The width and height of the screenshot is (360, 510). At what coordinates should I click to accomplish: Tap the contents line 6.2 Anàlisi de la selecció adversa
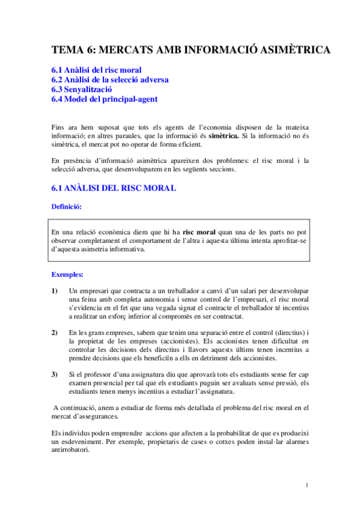click(110, 80)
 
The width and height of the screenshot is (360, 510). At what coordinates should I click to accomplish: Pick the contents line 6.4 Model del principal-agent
click(105, 99)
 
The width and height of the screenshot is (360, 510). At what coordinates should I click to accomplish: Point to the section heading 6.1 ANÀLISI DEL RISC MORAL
click(114, 188)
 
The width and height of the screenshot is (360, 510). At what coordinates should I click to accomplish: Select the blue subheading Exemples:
click(67, 274)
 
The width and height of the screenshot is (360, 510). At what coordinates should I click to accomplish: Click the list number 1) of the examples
click(55, 291)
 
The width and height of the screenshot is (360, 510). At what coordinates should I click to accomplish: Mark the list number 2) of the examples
click(55, 333)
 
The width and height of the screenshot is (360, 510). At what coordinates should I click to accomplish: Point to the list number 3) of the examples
click(55, 375)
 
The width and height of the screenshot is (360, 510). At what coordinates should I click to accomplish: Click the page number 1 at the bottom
click(307, 485)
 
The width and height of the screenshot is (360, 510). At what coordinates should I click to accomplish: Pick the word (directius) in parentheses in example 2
click(287, 333)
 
